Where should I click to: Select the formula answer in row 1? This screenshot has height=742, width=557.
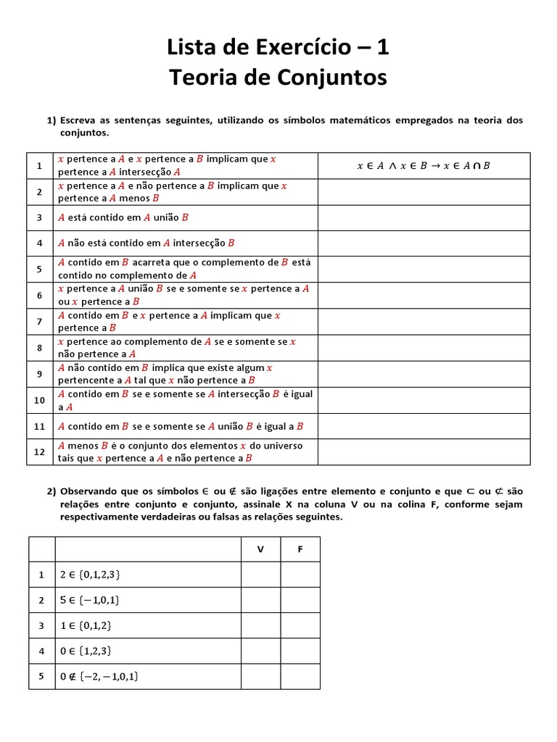point(424,165)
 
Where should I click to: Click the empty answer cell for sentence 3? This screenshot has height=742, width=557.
point(424,217)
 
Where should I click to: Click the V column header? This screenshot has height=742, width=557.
point(260,549)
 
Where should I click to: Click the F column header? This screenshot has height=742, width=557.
point(300,549)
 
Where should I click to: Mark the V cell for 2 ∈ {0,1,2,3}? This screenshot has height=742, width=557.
point(260,575)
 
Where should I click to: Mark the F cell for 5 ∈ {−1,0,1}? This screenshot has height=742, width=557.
point(300,600)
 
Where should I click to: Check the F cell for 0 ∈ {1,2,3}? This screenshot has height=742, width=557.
point(300,651)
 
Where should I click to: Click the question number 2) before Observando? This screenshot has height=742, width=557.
point(51,491)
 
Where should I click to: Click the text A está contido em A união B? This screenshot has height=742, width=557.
point(123,217)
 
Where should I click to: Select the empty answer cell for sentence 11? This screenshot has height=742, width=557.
point(424,426)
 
